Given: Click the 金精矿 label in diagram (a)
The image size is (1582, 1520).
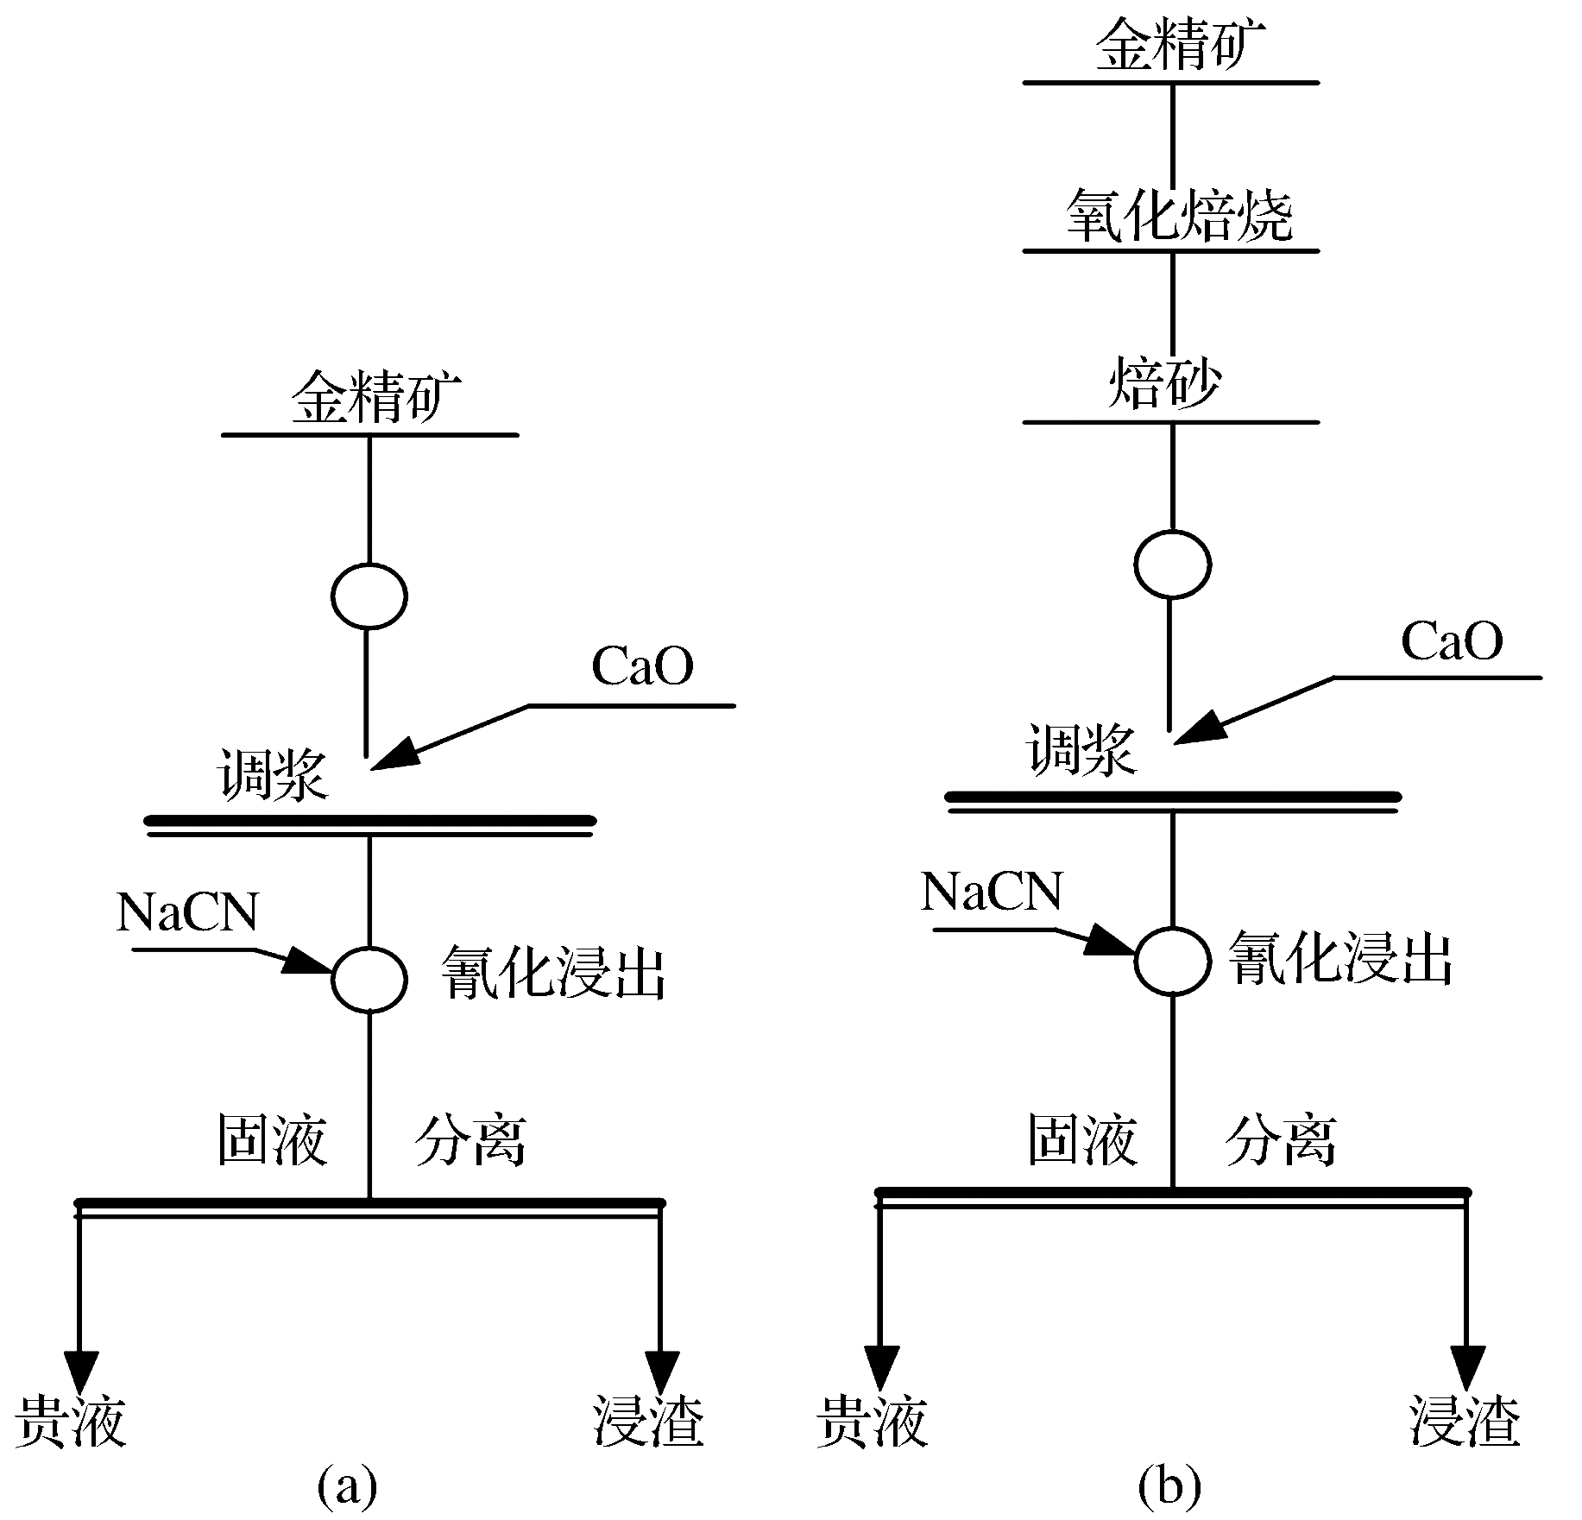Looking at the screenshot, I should pyautogui.click(x=376, y=399).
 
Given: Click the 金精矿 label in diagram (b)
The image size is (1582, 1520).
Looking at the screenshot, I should pyautogui.click(x=1180, y=45).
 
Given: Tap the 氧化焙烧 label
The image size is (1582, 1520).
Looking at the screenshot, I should pyautogui.click(x=1180, y=215).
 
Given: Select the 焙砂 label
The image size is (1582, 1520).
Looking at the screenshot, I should pyautogui.click(x=1164, y=383).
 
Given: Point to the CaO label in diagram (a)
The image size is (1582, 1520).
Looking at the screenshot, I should pyautogui.click(x=642, y=666).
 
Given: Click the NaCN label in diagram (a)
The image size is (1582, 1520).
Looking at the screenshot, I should pyautogui.click(x=187, y=912).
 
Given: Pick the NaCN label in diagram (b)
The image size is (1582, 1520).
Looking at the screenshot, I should pyautogui.click(x=992, y=892).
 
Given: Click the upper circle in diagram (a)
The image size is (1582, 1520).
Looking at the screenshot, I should pyautogui.click(x=369, y=596).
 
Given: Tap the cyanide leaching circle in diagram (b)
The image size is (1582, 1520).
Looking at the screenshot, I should pyautogui.click(x=1172, y=960).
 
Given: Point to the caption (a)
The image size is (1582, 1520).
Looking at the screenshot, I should pyautogui.click(x=347, y=1485).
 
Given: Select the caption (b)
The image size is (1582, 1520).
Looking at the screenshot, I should pyautogui.click(x=1169, y=1485).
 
